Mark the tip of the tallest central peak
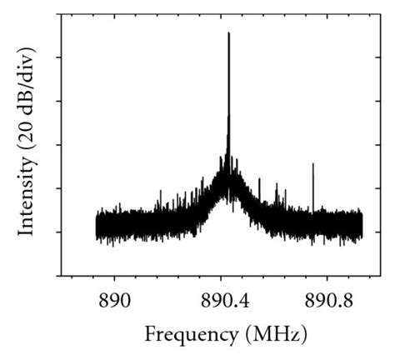coord(228,33)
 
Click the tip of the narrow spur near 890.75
coord(312,164)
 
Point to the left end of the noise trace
coord(97,227)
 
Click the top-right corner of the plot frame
coord(378,12)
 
